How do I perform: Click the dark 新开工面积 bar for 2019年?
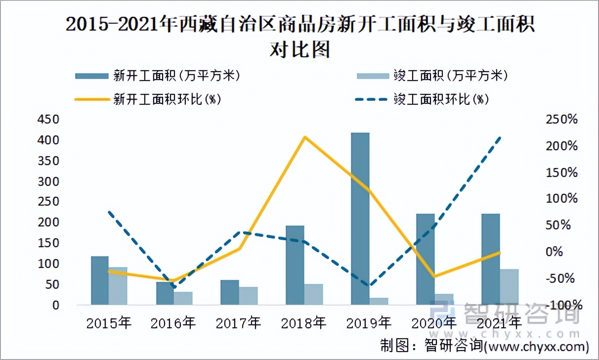tap(360, 218)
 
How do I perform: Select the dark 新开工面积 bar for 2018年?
tap(295, 265)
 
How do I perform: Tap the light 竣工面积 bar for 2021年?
tap(510, 286)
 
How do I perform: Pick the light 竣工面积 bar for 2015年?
tap(118, 285)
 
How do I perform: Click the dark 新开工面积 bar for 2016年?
tap(165, 293)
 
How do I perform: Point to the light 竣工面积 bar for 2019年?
tap(379, 301)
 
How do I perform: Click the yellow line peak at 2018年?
tap(305, 137)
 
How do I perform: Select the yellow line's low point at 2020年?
tap(434, 276)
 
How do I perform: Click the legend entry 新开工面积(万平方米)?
tap(157, 76)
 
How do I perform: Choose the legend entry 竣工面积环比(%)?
tap(422, 99)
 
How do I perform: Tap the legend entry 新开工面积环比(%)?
tap(147, 99)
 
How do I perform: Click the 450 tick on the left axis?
tap(48, 120)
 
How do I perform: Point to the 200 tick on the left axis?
tap(48, 223)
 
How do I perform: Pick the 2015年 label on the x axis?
tap(108, 323)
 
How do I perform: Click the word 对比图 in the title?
tap(299, 49)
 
